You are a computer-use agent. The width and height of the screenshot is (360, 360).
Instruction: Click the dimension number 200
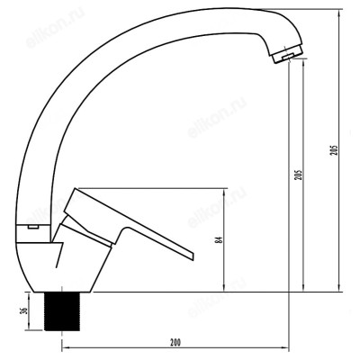coord(175,343)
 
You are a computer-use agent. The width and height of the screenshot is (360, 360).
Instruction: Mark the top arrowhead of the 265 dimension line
coord(340,13)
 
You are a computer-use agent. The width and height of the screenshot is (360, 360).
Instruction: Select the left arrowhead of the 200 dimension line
coord(62,350)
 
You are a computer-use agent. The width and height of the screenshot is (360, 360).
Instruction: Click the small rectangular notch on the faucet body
coord(32,229)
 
